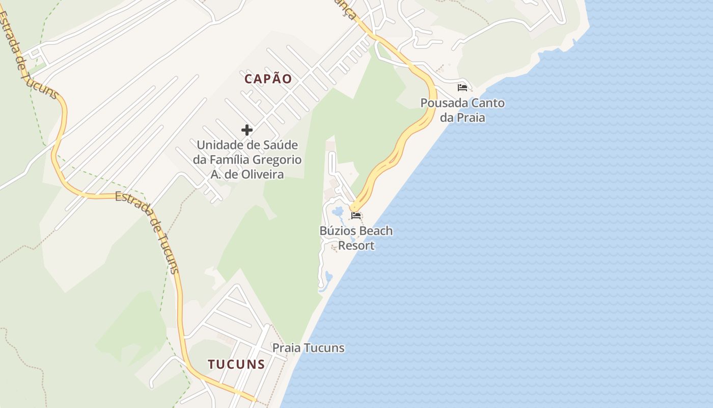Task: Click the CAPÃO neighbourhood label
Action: [x=268, y=79]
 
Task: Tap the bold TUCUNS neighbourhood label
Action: [x=236, y=364]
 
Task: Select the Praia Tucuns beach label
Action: [x=308, y=348]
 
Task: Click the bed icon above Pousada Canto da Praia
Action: [x=462, y=88]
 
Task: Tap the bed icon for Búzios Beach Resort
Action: [x=356, y=216]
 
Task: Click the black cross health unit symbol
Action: [x=247, y=130]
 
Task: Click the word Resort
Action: [x=356, y=246]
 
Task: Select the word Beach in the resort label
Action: [x=376, y=231]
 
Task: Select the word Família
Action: [x=227, y=160]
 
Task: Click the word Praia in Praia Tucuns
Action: [x=287, y=348]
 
